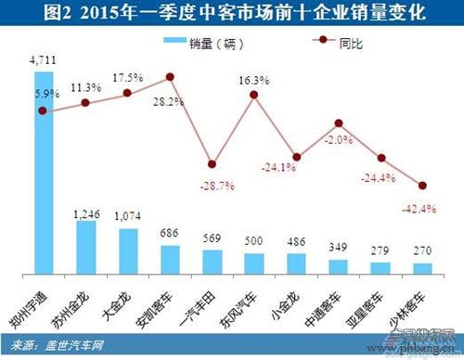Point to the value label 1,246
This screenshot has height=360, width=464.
(85, 213)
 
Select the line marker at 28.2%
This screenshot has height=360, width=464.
(170, 77)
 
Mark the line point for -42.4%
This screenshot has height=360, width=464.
(423, 186)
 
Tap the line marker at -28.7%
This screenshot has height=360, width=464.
(212, 163)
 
